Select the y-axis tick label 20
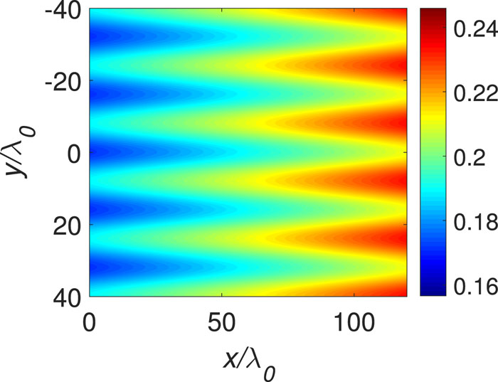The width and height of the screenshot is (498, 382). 65,225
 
